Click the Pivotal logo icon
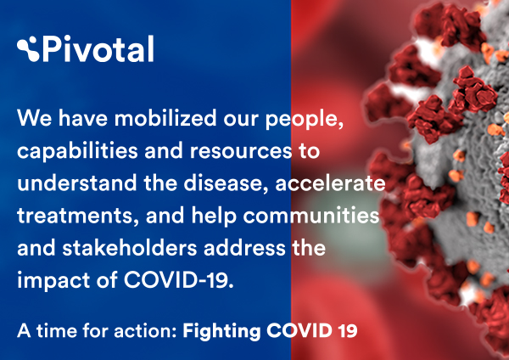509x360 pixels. coord(28,48)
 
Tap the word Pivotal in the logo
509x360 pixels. coord(98,48)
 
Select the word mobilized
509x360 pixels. coord(165,118)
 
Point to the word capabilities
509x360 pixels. coord(77,152)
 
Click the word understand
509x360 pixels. coord(77,183)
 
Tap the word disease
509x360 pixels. coord(227,183)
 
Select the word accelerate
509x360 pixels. coord(330,183)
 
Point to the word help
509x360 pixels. coord(214,217)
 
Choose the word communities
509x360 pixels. coord(311,215)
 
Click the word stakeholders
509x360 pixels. coord(130,248)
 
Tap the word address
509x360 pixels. coord(244,248)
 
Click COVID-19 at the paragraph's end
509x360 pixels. coord(178,279)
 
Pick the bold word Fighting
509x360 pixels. coord(221,331)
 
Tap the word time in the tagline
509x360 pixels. coord(57,331)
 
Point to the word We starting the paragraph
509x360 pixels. coord(35,118)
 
